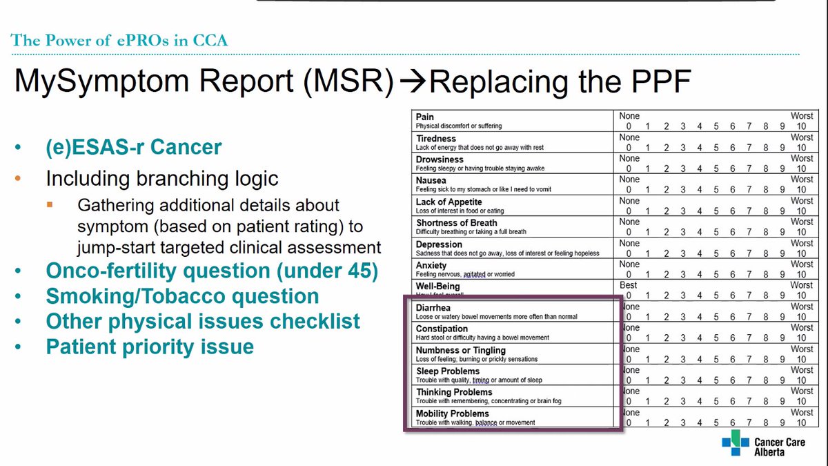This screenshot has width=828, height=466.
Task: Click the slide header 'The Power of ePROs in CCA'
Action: pos(119,40)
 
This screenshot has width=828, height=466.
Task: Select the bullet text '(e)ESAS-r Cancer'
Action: pos(134,147)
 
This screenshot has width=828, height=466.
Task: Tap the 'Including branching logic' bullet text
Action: pos(162,179)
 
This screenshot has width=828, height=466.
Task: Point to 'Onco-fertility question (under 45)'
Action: pos(212,271)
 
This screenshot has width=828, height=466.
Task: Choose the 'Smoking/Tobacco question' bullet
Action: pos(182,296)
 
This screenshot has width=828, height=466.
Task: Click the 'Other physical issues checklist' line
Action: pos(203,321)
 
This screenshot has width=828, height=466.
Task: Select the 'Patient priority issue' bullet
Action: pos(150,346)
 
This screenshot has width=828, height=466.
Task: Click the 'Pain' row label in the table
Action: pos(425,117)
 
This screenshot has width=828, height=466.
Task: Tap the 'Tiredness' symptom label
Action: pos(436,138)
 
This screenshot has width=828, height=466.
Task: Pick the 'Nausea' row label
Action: pos(431,180)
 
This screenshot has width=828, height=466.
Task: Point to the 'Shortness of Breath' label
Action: pos(456,222)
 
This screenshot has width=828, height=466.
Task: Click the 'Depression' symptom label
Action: pos(439,244)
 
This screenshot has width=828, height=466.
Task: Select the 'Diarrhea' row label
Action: pos(434,307)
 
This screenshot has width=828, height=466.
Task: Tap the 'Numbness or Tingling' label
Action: pos(461,350)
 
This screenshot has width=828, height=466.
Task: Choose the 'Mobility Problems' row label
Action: pos(453,414)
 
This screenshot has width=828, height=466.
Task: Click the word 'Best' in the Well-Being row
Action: pos(629,285)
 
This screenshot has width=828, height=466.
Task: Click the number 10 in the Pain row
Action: pos(802,127)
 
